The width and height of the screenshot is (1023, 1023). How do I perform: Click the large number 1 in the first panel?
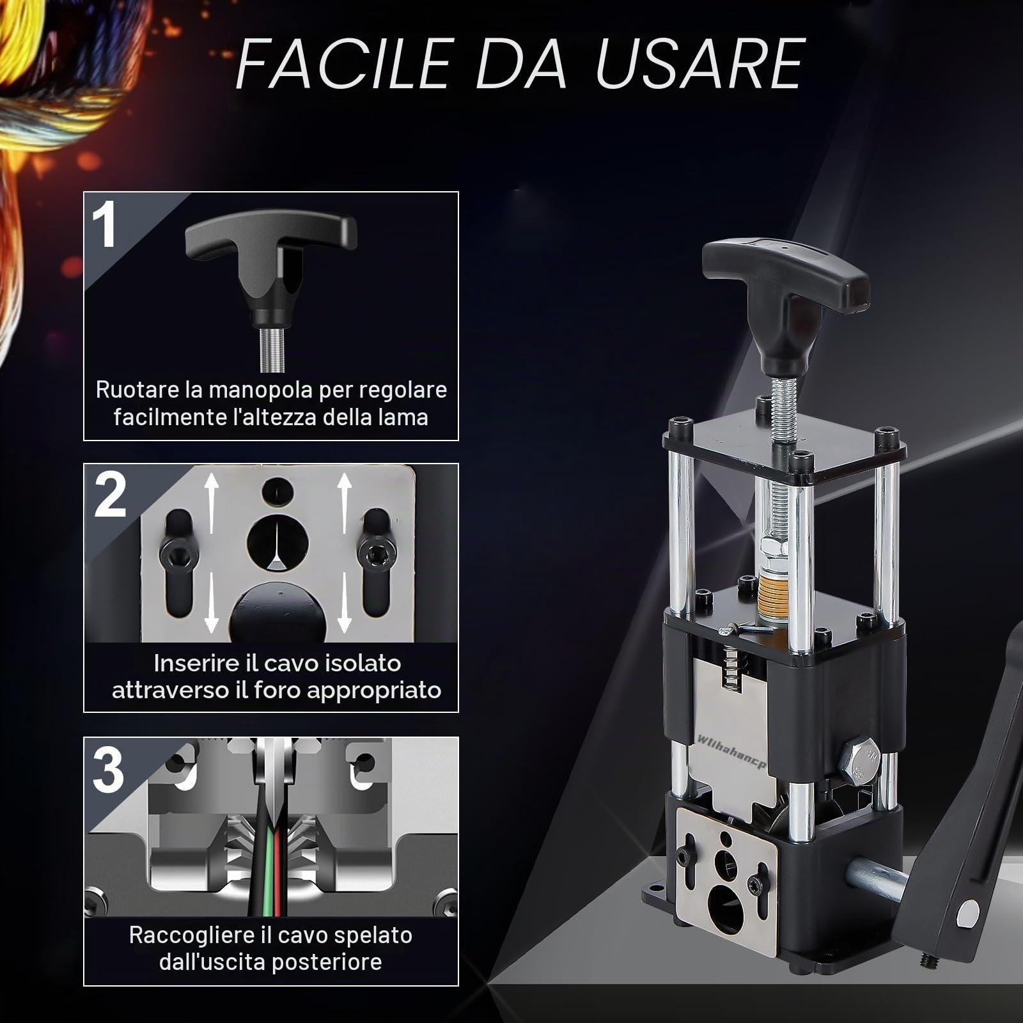tap(105, 225)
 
